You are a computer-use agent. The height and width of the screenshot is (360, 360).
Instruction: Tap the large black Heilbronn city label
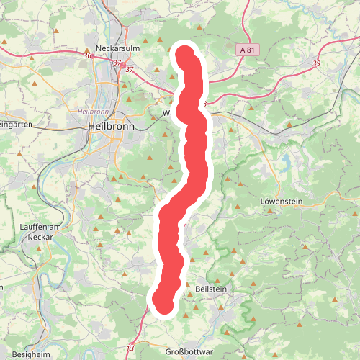107,125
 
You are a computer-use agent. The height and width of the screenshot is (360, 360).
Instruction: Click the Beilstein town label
210,288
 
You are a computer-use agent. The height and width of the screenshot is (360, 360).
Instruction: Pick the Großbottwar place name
187,352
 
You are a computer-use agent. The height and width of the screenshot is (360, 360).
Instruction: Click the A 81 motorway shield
246,50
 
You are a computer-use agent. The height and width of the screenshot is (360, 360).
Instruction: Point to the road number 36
88,55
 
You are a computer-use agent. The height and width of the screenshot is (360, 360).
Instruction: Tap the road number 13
130,328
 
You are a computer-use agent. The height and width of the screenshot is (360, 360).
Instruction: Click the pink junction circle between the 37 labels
122,65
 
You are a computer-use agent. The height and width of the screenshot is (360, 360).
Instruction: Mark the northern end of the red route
185,54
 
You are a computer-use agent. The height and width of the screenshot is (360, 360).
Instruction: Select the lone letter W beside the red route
166,114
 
